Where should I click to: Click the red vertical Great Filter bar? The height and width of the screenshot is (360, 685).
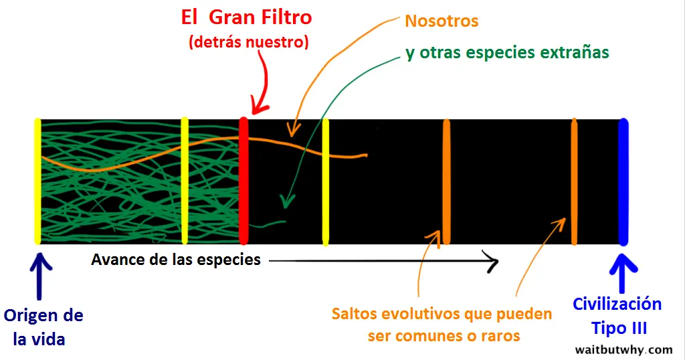[243, 181]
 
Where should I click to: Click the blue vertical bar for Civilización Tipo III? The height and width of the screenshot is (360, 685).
[623, 182]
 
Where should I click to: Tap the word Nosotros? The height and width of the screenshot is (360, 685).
[442, 21]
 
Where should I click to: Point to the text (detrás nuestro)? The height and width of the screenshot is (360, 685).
[249, 42]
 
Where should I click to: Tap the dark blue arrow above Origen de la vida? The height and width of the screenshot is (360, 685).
[39, 276]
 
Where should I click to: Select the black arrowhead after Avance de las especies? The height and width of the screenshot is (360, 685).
[492, 261]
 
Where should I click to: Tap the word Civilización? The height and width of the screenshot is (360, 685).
[617, 304]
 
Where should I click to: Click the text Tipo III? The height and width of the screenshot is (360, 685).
[619, 328]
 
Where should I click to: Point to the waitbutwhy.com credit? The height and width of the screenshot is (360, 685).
[623, 350]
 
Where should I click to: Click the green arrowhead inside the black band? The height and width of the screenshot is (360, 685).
[286, 201]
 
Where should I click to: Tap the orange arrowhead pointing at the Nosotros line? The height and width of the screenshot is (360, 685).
[294, 129]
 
